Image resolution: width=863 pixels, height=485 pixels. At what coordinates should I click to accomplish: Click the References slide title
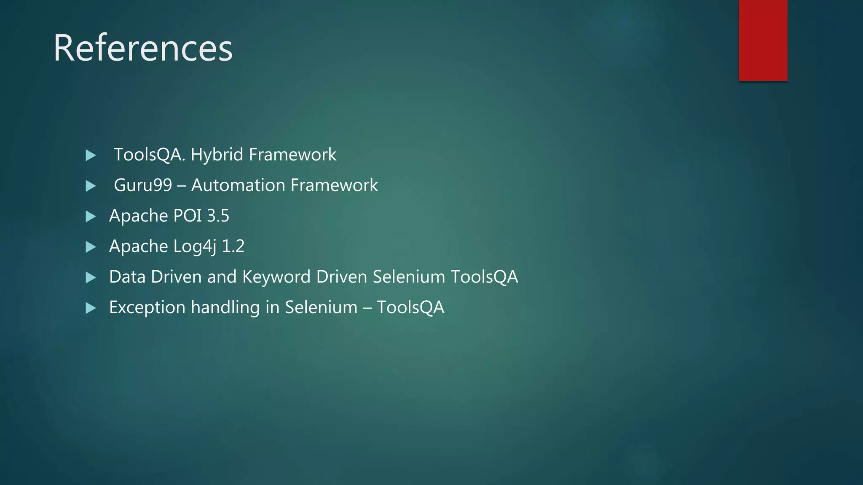[143, 48]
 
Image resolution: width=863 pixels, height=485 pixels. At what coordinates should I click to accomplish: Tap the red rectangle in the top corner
[763, 40]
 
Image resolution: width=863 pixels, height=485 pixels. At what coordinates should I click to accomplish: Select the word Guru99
[143, 185]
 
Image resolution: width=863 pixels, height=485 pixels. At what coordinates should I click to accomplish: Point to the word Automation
[238, 185]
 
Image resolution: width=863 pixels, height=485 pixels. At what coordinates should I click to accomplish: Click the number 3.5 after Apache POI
[218, 216]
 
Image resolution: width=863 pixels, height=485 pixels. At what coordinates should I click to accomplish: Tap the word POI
[188, 216]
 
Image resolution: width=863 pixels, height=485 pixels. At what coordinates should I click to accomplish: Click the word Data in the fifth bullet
[127, 277]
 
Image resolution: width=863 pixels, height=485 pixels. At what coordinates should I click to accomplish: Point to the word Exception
[147, 308]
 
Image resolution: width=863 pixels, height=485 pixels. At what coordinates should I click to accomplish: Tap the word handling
[225, 308]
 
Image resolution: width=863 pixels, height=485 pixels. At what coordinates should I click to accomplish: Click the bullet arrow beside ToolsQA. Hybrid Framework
[91, 155]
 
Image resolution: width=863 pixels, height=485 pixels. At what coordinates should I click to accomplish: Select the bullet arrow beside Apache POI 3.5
[91, 216]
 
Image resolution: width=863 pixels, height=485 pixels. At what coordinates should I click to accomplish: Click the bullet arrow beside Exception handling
[91, 308]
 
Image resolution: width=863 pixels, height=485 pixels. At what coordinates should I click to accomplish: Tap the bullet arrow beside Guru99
[91, 186]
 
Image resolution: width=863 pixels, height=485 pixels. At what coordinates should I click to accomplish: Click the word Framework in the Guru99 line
[334, 185]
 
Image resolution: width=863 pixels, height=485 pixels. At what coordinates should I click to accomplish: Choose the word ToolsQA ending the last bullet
[410, 308]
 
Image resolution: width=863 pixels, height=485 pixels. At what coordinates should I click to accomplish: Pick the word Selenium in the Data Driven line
[409, 277]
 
